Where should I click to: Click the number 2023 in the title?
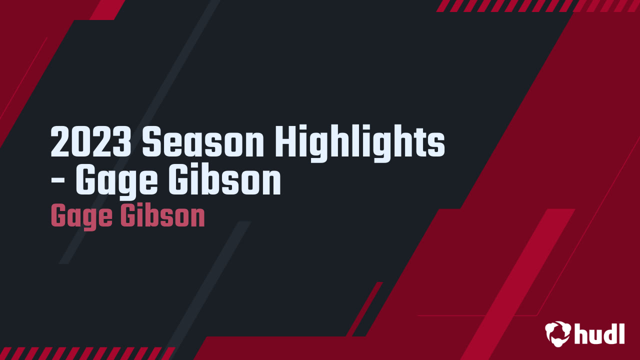pos(91,142)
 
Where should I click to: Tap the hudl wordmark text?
pos(599,333)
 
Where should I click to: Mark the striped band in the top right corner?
pos(537,5)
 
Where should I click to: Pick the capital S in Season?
pos(151,142)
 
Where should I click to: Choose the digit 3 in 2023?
pos(122,142)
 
